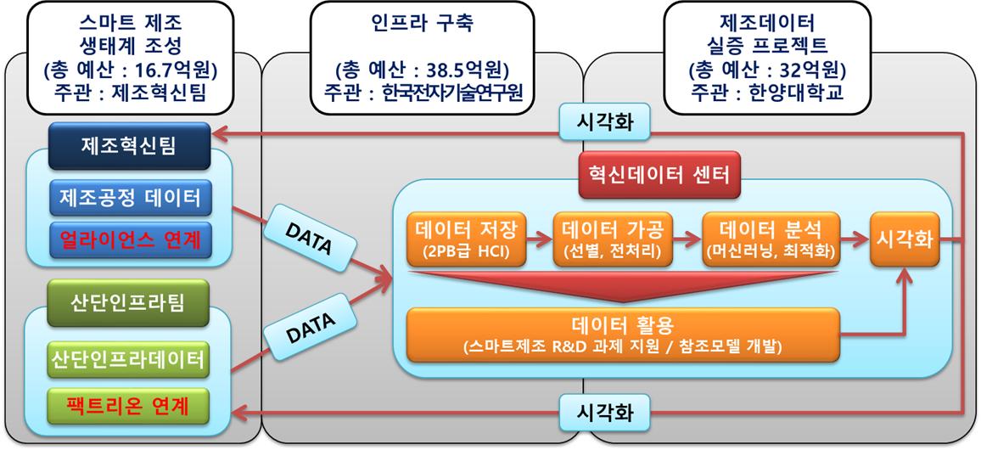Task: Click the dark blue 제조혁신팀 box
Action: click(129, 146)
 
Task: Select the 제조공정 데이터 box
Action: click(130, 198)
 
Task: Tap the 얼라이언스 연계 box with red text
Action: click(130, 240)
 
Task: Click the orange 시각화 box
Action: click(904, 239)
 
